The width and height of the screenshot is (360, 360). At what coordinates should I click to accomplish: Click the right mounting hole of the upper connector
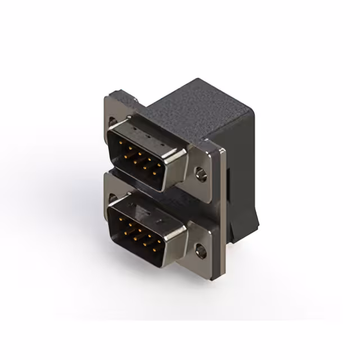[201, 174]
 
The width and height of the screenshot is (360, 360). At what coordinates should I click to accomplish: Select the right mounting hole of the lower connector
[201, 248]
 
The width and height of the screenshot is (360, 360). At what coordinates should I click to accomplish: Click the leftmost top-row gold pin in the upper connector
[122, 143]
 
